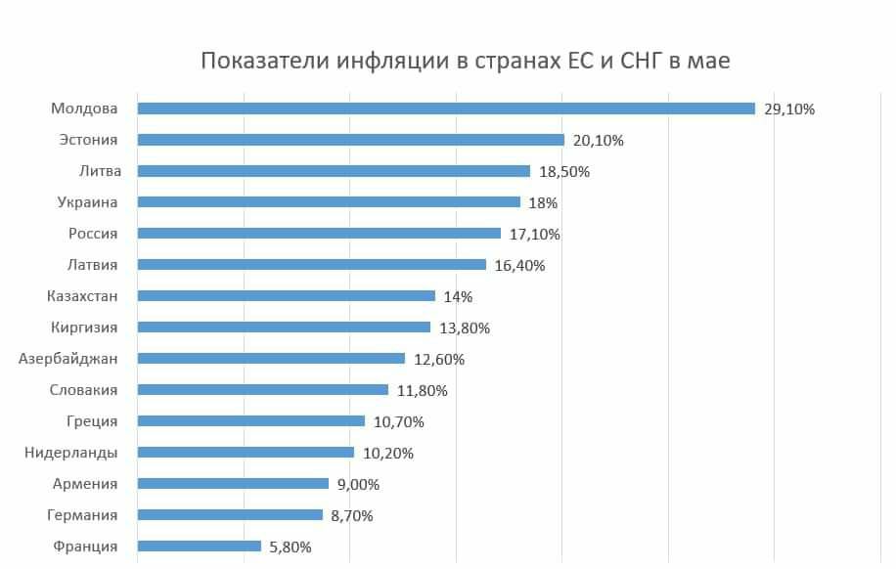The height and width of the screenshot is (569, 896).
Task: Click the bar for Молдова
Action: coord(446,109)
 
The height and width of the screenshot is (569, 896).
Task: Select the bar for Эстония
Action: coord(351,140)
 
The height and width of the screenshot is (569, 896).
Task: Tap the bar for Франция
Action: coord(200,547)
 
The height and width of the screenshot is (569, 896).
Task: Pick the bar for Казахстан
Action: coord(287,296)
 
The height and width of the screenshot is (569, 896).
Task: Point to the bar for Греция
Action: coord(251,421)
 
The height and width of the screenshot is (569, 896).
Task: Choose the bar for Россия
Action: coord(319,234)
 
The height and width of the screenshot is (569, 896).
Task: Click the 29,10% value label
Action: coord(789,109)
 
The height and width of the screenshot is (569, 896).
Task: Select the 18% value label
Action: coord(543,202)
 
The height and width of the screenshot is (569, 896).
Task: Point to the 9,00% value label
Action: coord(358,484)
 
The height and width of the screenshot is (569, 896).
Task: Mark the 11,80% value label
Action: coord(422,390)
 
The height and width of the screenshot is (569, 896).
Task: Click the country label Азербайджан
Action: coord(67,359)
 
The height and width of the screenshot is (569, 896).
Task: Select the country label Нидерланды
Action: coord(70,453)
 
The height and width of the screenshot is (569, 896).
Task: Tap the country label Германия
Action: coord(82,515)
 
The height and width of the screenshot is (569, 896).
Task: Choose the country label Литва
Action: coord(100,171)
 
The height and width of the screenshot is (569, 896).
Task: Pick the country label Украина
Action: coord(87,202)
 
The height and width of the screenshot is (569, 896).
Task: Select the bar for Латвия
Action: coord(312,265)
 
